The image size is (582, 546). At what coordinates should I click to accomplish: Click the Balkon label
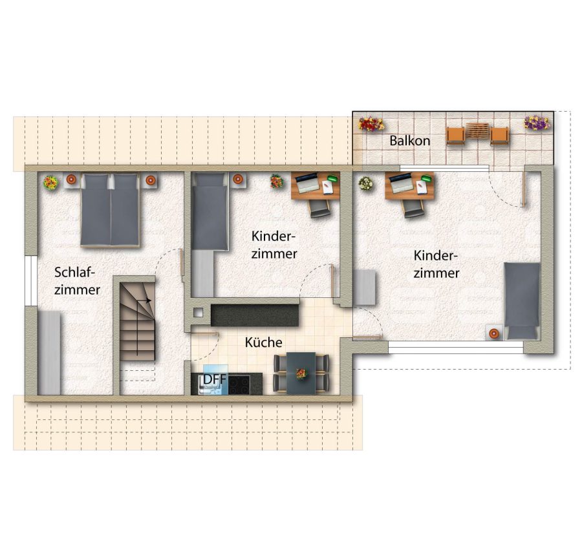pyautogui.click(x=410, y=141)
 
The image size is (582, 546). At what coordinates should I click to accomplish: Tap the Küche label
pyautogui.click(x=264, y=342)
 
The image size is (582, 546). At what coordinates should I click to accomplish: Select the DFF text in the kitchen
pyautogui.click(x=215, y=379)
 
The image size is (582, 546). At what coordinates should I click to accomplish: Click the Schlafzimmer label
pyautogui.click(x=77, y=281)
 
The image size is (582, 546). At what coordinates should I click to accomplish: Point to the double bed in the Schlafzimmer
pyautogui.click(x=110, y=210)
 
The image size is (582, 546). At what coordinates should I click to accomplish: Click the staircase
pyautogui.click(x=137, y=321)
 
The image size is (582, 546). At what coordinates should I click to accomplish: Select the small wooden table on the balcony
pyautogui.click(x=477, y=131)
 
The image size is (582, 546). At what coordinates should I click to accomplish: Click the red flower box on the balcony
pyautogui.click(x=371, y=124)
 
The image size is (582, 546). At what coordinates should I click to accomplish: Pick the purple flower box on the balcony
pyautogui.click(x=537, y=123)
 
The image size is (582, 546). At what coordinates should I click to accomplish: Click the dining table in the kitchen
pyautogui.click(x=301, y=373)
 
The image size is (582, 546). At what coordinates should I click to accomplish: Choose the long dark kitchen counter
pyautogui.click(x=255, y=315)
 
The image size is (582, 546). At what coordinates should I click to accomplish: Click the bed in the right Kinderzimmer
pyautogui.click(x=521, y=301)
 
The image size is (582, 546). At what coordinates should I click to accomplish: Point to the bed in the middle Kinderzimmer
pyautogui.click(x=210, y=211)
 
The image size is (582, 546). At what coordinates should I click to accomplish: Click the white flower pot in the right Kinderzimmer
pyautogui.click(x=366, y=184)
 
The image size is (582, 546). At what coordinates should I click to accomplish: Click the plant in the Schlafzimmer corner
pyautogui.click(x=50, y=182)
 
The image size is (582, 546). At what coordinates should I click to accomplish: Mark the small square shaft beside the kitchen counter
pyautogui.click(x=199, y=313)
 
